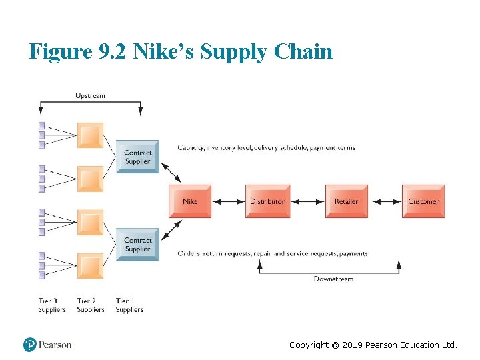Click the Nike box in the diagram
[x=190, y=201]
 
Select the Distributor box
[x=267, y=201]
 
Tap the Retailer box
[x=346, y=201]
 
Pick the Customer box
[x=423, y=201]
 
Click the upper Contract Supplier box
[x=138, y=157]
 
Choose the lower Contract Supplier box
[x=138, y=245]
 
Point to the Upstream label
[x=90, y=95]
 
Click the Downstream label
[x=333, y=279]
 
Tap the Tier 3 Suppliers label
[x=52, y=305]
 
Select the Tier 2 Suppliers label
[x=91, y=305]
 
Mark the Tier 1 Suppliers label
[x=129, y=305]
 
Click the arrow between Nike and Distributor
[x=228, y=201]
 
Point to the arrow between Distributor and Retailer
[x=307, y=201]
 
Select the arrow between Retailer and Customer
[x=385, y=201]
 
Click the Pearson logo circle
[x=30, y=345]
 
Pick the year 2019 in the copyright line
[x=352, y=345]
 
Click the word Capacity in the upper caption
[x=191, y=147]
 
